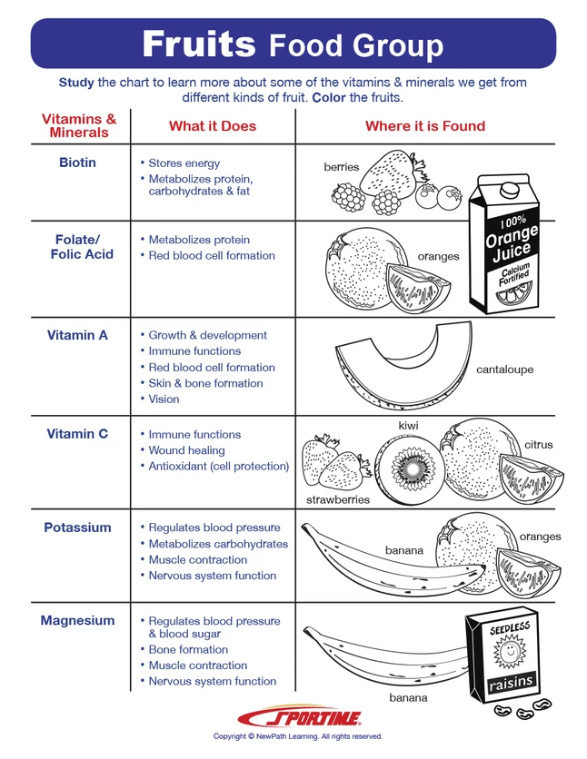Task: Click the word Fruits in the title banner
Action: (x=198, y=44)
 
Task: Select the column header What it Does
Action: (x=213, y=126)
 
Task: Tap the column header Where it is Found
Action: (x=425, y=126)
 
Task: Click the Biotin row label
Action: (x=77, y=163)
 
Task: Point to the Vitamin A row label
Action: (x=77, y=335)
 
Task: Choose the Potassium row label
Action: (x=77, y=527)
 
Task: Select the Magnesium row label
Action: (x=77, y=621)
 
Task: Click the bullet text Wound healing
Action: (x=186, y=450)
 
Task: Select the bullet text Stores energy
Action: (x=184, y=163)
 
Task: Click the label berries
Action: (x=342, y=167)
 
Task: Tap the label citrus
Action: (x=538, y=445)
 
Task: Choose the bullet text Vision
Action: (x=164, y=399)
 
